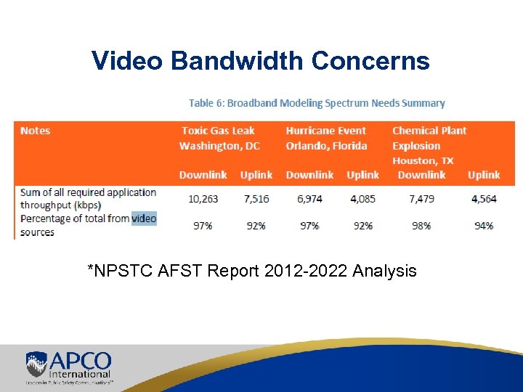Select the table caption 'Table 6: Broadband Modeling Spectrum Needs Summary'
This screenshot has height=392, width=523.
tap(317, 104)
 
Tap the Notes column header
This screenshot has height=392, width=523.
tap(36, 131)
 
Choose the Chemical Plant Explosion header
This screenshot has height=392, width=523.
tap(429, 138)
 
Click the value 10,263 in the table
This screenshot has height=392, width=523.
tap(203, 198)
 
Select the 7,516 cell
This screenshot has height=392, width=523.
tap(256, 198)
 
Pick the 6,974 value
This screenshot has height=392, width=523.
tap(309, 198)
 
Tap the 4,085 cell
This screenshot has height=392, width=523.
tap(362, 198)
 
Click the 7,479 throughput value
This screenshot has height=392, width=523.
tap(421, 198)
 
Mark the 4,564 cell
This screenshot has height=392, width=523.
tap(484, 198)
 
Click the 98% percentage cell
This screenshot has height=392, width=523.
tap(421, 226)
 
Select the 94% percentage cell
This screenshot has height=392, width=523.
tap(484, 226)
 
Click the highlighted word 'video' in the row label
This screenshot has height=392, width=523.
tap(144, 218)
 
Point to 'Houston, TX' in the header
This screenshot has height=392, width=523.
tap(423, 160)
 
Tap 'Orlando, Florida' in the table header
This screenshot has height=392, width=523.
tap(326, 146)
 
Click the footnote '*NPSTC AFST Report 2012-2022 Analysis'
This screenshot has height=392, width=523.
tap(251, 271)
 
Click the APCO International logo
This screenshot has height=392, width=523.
tap(68, 367)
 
